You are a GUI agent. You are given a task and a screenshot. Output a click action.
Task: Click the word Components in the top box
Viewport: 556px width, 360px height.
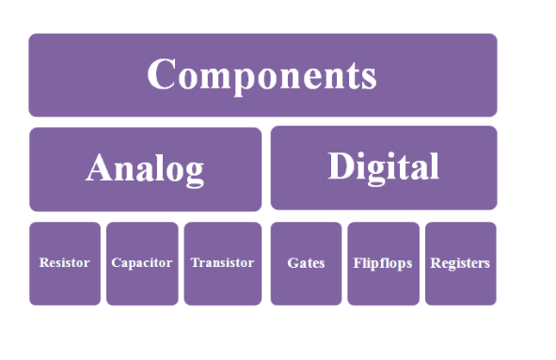pyautogui.click(x=262, y=75)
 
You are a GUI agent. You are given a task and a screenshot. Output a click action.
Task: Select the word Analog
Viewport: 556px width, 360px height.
pyautogui.click(x=145, y=168)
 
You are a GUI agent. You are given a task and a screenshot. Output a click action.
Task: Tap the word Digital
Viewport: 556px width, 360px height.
pyautogui.click(x=383, y=166)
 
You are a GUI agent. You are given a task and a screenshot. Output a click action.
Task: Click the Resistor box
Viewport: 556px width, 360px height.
pyautogui.click(x=64, y=263)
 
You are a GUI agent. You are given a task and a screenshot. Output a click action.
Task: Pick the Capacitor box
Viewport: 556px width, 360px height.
pyautogui.click(x=142, y=263)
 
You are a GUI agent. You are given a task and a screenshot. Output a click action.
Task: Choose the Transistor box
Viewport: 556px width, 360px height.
pyautogui.click(x=222, y=263)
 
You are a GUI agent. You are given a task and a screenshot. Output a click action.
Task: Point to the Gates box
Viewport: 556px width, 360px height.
pyautogui.click(x=306, y=263)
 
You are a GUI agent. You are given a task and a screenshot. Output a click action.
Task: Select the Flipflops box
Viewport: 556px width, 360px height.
pyautogui.click(x=383, y=263)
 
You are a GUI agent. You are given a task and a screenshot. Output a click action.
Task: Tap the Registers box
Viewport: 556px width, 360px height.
pyautogui.click(x=460, y=263)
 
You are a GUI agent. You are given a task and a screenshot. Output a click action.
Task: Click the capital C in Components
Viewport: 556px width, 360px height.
pyautogui.click(x=163, y=75)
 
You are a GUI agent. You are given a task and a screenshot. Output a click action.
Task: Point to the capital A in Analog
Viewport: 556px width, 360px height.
pyautogui.click(x=100, y=168)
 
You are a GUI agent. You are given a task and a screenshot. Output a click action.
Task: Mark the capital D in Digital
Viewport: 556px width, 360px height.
pyautogui.click(x=341, y=166)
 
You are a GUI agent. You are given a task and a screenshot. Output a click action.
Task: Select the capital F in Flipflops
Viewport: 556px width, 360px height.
pyautogui.click(x=357, y=263)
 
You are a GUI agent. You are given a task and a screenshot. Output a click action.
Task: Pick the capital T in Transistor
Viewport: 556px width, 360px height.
pyautogui.click(x=195, y=263)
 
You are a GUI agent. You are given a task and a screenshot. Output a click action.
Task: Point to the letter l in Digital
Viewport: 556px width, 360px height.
pyautogui.click(x=434, y=165)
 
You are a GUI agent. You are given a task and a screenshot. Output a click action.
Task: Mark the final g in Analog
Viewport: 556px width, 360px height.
pyautogui.click(x=194, y=173)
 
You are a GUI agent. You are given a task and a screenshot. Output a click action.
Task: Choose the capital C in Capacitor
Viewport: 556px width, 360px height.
pyautogui.click(x=116, y=263)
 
